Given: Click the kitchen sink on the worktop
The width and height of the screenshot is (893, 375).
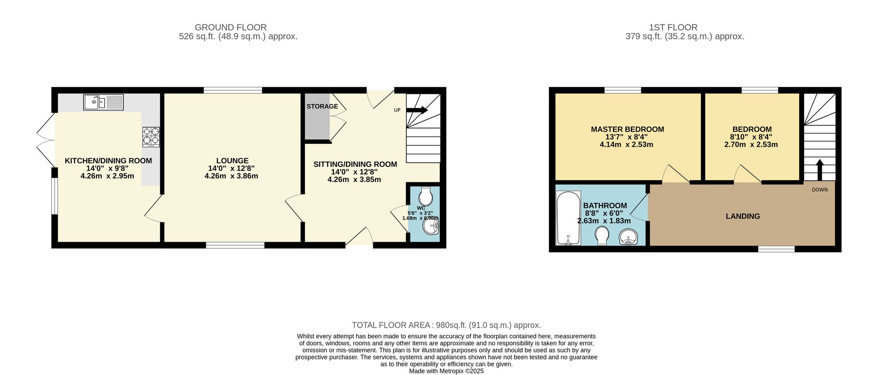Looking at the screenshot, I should click(x=103, y=103).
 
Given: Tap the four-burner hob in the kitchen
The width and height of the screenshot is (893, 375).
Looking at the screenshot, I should click(x=151, y=137).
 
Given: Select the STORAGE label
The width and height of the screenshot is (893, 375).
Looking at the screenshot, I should click(x=322, y=107).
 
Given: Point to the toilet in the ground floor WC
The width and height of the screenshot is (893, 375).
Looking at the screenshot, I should click(x=426, y=195).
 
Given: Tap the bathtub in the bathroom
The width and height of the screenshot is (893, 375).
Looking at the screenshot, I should click(x=568, y=218).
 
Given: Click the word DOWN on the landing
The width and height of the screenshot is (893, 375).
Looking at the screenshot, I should click(x=819, y=190).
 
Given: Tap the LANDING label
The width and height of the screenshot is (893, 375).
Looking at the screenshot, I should click(x=743, y=216).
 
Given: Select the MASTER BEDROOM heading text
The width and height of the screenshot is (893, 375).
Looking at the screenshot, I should click(x=627, y=129).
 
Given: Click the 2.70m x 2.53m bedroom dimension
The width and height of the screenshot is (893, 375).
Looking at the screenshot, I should click(x=751, y=144).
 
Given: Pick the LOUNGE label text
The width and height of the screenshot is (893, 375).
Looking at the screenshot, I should click(x=232, y=161).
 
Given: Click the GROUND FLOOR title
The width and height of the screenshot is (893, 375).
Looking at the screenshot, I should click(x=230, y=27).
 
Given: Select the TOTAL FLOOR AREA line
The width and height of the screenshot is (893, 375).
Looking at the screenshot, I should click(x=446, y=325).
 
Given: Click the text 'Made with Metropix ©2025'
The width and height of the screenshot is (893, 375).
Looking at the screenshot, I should click(x=446, y=371).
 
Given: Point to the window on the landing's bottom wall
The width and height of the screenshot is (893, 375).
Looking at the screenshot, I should click(x=776, y=249).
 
